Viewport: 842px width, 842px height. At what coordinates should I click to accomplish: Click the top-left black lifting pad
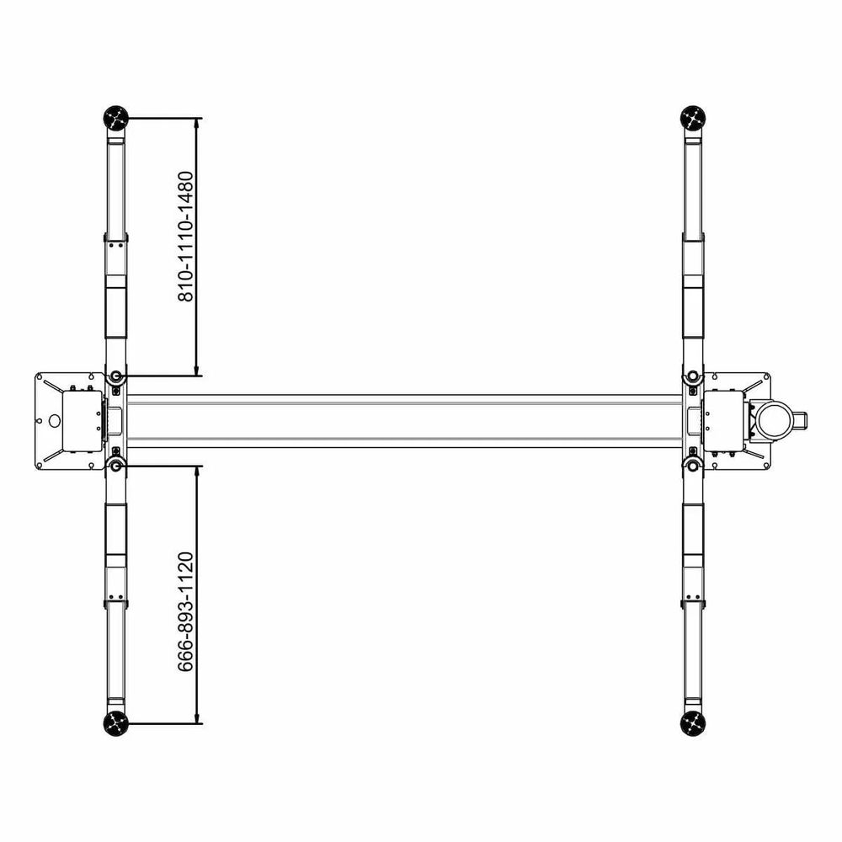[x=116, y=118]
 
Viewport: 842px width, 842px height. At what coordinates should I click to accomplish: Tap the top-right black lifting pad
[x=693, y=118]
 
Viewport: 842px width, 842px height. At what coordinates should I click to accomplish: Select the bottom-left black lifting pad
[x=116, y=723]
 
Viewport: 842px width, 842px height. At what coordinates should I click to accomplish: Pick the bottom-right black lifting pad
[x=693, y=723]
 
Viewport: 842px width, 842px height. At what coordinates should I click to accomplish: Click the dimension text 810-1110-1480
[x=185, y=237]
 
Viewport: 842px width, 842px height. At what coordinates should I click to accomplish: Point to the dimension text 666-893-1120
[x=185, y=611]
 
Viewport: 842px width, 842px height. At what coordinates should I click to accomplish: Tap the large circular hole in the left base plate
[x=54, y=420]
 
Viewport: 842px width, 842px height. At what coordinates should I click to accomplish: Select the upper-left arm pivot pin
[x=116, y=376]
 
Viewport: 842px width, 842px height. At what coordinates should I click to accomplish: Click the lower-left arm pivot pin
[x=116, y=466]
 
